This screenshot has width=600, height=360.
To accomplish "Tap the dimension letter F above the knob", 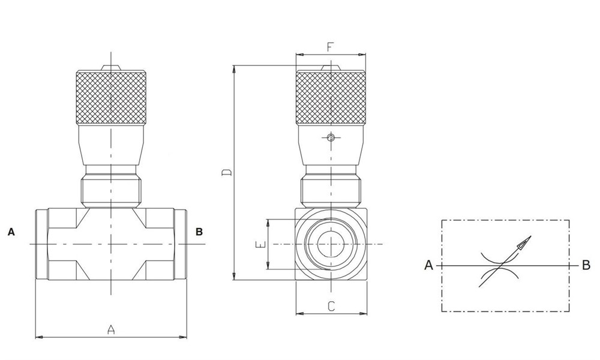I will [330, 46].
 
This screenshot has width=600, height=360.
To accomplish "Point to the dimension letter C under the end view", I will [331, 305].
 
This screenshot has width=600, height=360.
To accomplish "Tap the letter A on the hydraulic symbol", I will [428, 265].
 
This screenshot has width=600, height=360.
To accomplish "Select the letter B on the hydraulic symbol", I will [586, 265].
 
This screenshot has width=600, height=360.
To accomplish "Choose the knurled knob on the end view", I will [331, 98].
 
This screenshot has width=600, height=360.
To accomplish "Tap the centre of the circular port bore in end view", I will [331, 245].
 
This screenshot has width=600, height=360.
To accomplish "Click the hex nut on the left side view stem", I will [111, 190].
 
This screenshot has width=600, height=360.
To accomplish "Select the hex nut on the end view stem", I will [331, 190].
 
